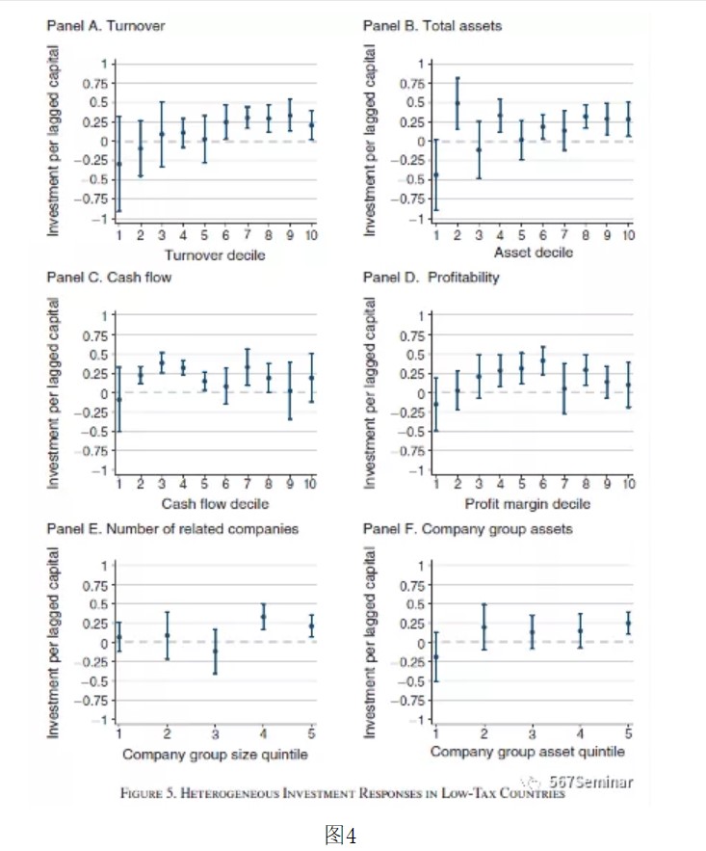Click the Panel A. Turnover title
106,25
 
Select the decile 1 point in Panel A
118,164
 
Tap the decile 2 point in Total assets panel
457,103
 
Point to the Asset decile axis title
533,253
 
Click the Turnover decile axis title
215,254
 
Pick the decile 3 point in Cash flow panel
162,363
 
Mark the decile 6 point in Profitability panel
542,360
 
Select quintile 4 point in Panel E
264,617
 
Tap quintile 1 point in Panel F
435,657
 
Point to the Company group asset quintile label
528,751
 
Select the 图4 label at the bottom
342,834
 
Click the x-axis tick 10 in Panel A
311,236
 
